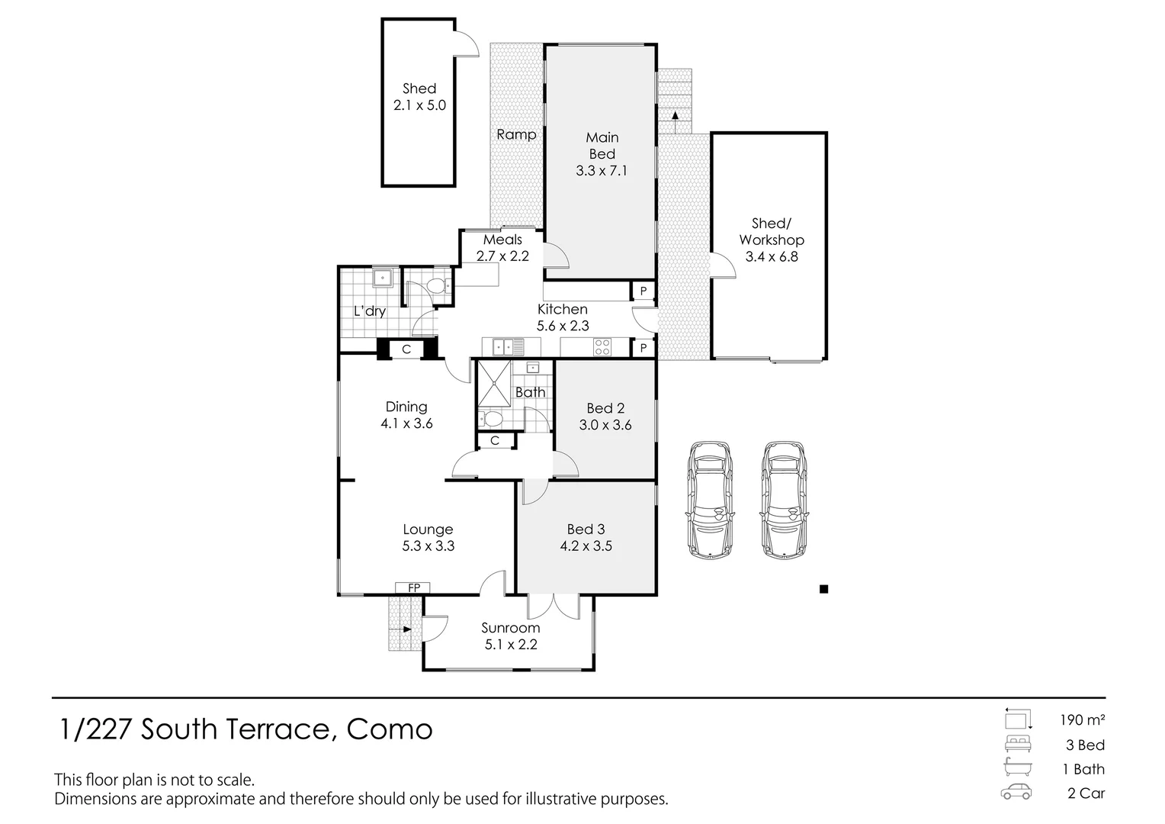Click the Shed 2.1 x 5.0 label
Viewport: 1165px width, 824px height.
(x=419, y=97)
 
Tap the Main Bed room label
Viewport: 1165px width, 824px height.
(x=602, y=153)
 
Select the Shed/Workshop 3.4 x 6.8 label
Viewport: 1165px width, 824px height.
(x=772, y=240)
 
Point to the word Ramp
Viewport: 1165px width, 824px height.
(x=516, y=134)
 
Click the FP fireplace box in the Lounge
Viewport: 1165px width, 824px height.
(x=412, y=587)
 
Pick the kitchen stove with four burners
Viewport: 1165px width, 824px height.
(x=602, y=346)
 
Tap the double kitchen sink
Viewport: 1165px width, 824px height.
(x=503, y=346)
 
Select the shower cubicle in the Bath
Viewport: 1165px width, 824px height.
(x=495, y=382)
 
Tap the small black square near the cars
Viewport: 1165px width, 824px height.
(x=823, y=589)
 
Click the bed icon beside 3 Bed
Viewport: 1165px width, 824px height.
(x=1017, y=744)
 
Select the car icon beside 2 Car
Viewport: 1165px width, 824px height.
(x=1016, y=792)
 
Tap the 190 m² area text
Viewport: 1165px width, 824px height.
(x=1083, y=720)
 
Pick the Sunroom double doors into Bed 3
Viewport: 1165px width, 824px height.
(x=554, y=607)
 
